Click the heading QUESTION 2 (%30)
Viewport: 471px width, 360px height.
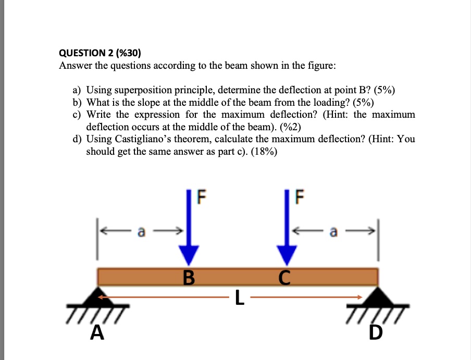100,53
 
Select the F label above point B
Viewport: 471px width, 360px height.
202,197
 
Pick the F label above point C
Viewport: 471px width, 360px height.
299,197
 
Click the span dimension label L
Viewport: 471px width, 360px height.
238,297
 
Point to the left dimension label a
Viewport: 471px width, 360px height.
140,230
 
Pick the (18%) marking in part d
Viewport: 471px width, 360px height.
264,152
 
